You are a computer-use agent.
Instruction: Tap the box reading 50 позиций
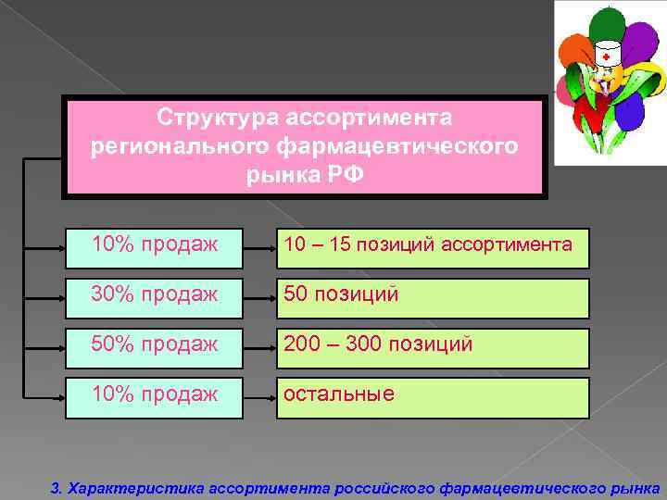pyautogui.click(x=432, y=296)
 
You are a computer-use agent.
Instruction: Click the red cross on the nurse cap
pyautogui.click(x=606, y=56)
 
